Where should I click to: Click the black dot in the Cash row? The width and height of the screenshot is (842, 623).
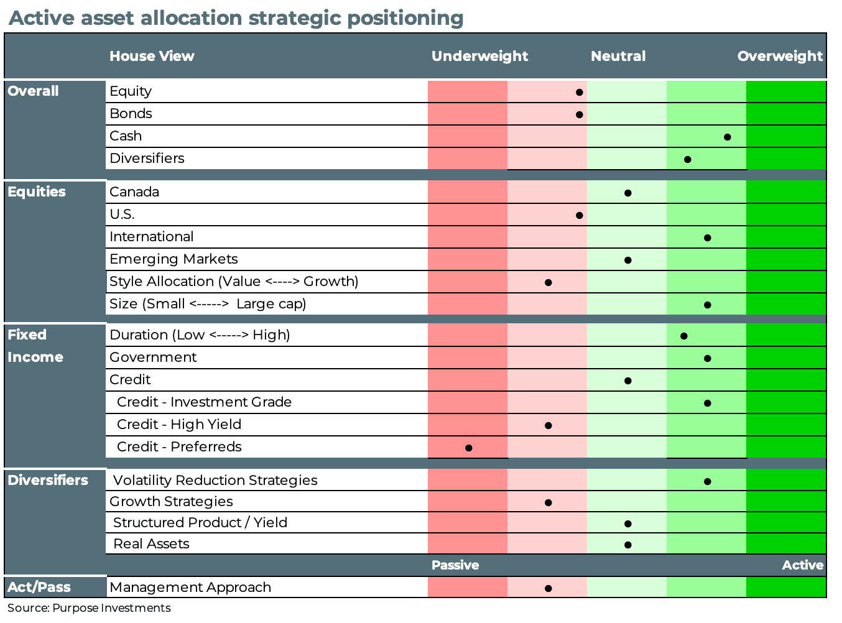[x=727, y=137]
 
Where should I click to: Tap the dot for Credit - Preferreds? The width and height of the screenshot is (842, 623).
[x=469, y=448]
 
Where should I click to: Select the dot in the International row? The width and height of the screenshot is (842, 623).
[x=707, y=238]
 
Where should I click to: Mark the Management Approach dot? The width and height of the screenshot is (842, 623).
[x=548, y=588]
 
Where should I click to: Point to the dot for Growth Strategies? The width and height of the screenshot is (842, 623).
[x=548, y=502]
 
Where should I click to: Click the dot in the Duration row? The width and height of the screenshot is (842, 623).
[x=683, y=336]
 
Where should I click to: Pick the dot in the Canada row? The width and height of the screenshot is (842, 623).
[x=627, y=193]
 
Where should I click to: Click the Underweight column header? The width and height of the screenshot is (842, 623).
[x=479, y=56]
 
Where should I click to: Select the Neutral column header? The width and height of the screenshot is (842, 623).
[x=618, y=56]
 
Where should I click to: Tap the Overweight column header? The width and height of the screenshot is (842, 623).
[x=780, y=56]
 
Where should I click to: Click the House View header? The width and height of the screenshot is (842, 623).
[x=152, y=56]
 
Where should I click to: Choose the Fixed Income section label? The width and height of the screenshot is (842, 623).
[x=35, y=346]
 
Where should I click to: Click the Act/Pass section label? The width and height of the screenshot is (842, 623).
[x=39, y=587]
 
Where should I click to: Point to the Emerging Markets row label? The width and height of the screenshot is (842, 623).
[x=173, y=259]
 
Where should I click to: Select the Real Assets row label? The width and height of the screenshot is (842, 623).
[x=151, y=544]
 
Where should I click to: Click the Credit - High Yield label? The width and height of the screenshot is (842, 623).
[x=179, y=425]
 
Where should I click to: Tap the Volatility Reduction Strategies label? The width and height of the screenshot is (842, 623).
[x=215, y=481]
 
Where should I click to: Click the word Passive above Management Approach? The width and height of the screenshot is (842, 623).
[x=455, y=565]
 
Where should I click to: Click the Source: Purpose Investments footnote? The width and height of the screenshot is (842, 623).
[x=89, y=608]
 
